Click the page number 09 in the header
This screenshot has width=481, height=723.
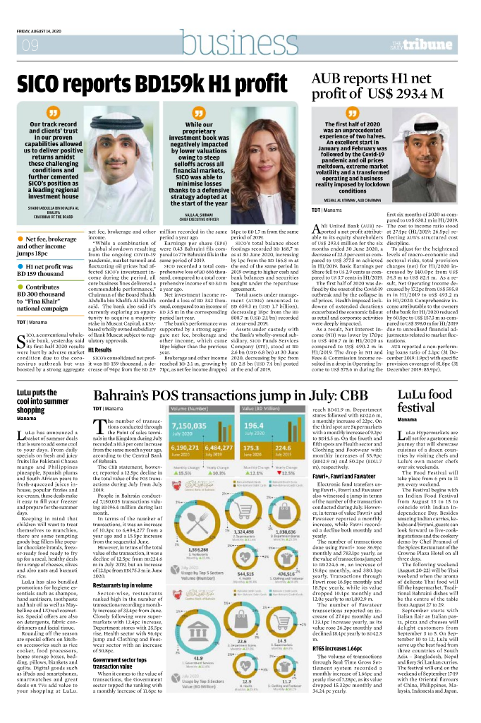[30, 47]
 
